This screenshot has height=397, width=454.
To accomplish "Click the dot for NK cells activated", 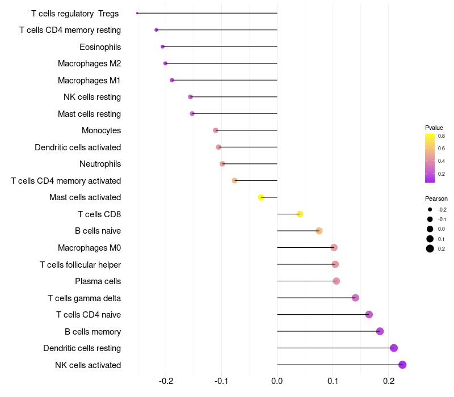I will coord(402,365).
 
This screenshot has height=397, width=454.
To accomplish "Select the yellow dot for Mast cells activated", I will coord(261,197).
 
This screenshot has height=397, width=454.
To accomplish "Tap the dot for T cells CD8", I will coord(300,214).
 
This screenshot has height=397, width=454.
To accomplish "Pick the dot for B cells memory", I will coord(380,331).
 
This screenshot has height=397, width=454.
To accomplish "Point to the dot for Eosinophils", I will coord(163,47).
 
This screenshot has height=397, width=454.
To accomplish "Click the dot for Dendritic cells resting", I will coord(394,348).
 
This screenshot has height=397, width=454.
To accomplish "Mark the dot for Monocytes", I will coord(216,130).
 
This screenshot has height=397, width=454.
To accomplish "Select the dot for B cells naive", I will coord(319,231).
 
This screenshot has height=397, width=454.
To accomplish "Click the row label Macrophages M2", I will coord(89,64).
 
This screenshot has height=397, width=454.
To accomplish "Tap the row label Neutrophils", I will coord(100,164).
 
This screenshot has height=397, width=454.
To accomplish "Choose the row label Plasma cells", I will coord(98,281).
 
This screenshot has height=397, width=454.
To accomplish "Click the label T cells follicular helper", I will coord(80,264).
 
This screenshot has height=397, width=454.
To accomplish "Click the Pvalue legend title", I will coord(434,128).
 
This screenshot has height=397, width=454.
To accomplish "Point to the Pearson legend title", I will coord(436,198).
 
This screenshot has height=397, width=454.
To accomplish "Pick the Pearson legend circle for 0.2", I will coord(430,248).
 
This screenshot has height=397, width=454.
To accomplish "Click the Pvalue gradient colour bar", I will coord(430,158).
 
